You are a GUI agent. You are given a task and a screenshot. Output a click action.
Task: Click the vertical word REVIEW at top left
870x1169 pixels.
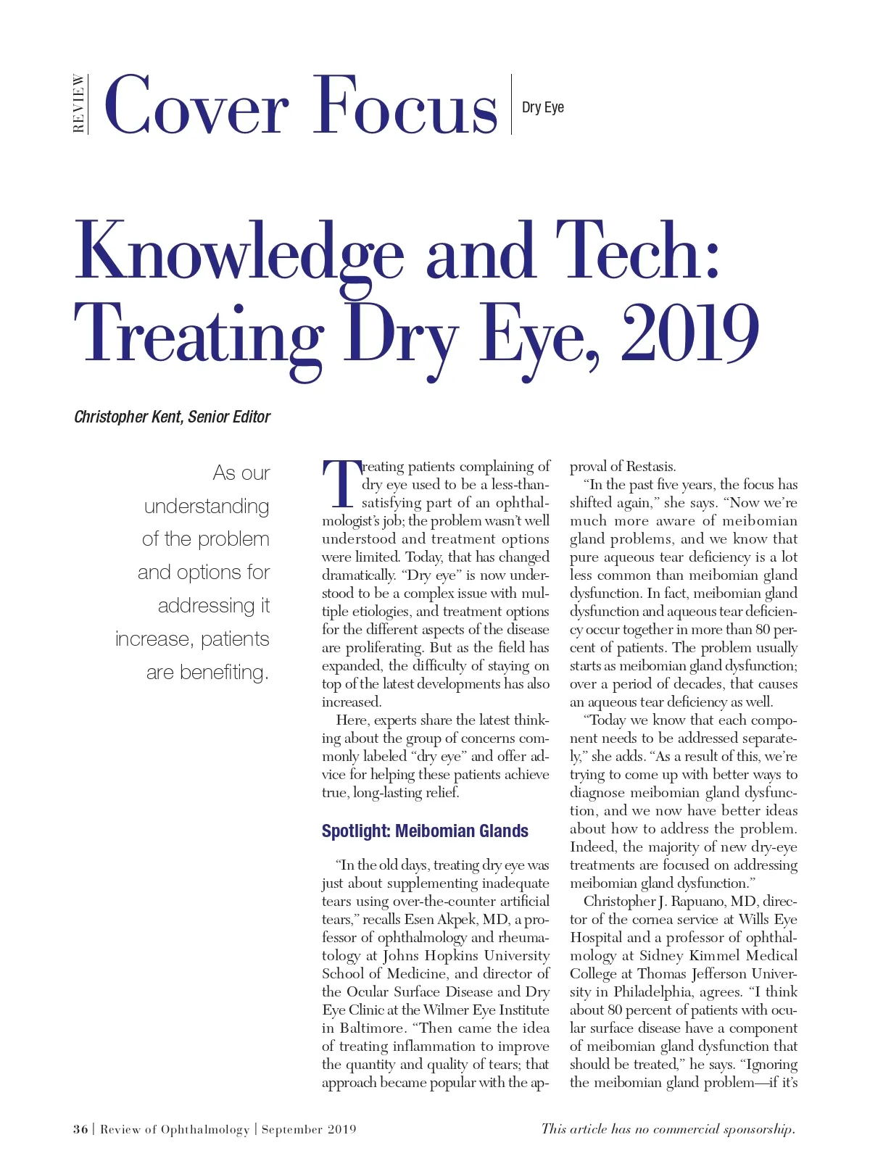(78, 104)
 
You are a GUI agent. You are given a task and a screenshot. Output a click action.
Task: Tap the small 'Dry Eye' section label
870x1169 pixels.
(542, 107)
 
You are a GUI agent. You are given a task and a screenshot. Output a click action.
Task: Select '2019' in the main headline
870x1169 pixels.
(689, 334)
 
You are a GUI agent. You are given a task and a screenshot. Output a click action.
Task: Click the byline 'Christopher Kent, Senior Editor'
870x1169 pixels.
(172, 417)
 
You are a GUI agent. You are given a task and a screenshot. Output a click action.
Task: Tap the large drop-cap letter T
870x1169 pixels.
(341, 483)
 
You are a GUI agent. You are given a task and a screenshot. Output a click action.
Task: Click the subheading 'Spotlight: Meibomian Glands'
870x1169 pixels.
(425, 831)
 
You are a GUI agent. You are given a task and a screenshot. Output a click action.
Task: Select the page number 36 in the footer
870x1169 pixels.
(80, 1129)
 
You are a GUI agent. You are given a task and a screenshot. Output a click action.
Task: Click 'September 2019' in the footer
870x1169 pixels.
(309, 1129)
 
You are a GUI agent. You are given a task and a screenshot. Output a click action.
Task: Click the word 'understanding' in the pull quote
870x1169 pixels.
(207, 506)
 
